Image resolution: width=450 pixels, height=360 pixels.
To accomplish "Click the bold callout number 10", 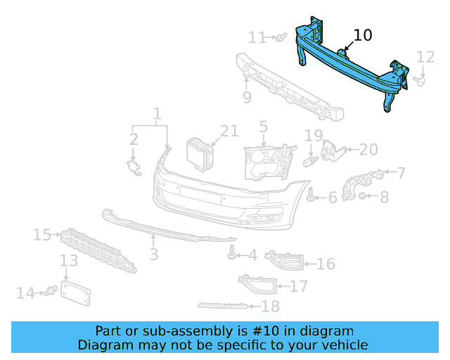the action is pyautogui.click(x=363, y=35).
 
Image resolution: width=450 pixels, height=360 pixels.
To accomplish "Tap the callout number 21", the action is pyautogui.click(x=229, y=131).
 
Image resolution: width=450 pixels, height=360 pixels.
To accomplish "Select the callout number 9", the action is pyautogui.click(x=247, y=98).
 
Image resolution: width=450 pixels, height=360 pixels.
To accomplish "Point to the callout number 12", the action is pyautogui.click(x=426, y=57).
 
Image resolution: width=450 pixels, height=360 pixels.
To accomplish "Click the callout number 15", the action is pyautogui.click(x=41, y=234).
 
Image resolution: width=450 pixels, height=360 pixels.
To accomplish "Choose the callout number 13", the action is pyautogui.click(x=68, y=262).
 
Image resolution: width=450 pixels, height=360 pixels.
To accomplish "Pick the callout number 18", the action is pyautogui.click(x=270, y=306).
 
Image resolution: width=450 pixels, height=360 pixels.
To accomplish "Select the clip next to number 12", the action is pyautogui.click(x=422, y=81).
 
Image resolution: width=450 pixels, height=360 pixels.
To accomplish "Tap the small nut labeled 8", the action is pyautogui.click(x=361, y=196).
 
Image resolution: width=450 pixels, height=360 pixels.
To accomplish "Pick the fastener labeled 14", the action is pyautogui.click(x=51, y=291).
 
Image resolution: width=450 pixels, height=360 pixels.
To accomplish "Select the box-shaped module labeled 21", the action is pyautogui.click(x=199, y=154).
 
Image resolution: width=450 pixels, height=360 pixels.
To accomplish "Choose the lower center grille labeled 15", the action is pyautogui.click(x=98, y=250).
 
